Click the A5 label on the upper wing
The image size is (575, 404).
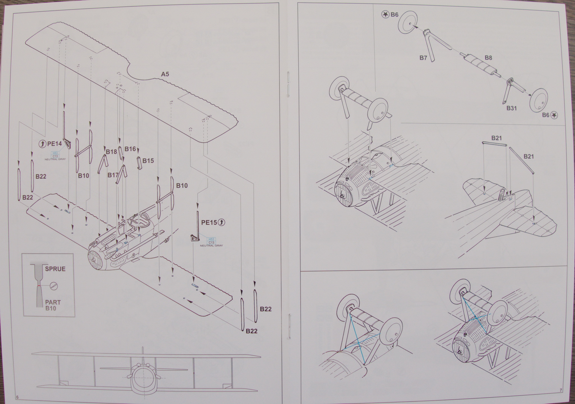[x=165, y=74]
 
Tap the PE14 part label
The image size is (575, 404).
[x=54, y=144]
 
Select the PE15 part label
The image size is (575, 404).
[x=209, y=222]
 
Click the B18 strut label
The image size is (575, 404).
[x=111, y=152]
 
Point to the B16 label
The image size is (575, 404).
[x=130, y=149]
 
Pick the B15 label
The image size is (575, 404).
[x=148, y=161]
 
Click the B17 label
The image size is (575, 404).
[x=113, y=175]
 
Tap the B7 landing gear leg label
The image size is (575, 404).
[x=423, y=58]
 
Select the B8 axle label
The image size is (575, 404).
[x=488, y=58]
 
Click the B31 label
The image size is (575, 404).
[x=512, y=108]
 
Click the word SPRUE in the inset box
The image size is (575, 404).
[x=55, y=269]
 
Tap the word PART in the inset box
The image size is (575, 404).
[x=53, y=302]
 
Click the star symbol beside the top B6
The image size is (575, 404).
[x=385, y=15]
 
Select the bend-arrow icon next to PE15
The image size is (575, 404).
[x=222, y=222]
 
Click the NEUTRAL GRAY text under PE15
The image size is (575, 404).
[x=211, y=245]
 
